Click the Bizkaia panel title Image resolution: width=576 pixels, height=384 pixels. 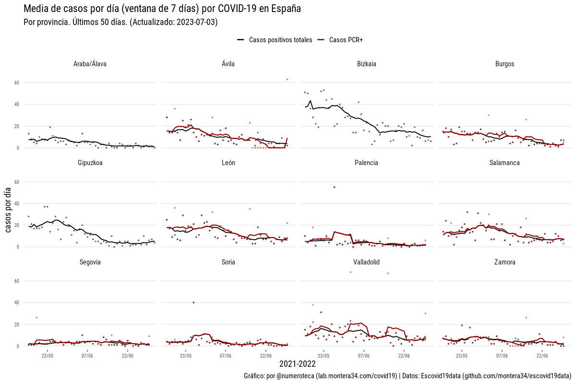(367, 64)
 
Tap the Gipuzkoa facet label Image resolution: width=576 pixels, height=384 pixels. (90, 163)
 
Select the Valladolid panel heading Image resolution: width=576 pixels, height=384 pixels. (367, 262)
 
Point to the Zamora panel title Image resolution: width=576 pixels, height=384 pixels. (505, 262)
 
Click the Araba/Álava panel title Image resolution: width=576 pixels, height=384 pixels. (90, 64)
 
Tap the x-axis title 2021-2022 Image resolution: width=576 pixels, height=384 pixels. (298, 364)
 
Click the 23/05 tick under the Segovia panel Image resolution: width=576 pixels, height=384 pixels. (48, 356)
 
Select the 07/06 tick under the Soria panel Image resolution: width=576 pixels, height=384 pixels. (226, 356)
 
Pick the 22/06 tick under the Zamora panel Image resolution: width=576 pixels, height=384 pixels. (542, 356)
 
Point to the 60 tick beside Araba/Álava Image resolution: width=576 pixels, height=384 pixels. (16, 83)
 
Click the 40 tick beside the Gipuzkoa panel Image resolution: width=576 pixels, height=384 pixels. (16, 204)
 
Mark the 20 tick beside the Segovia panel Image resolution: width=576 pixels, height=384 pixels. (16, 324)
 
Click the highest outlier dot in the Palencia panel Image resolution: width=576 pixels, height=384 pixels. (334, 187)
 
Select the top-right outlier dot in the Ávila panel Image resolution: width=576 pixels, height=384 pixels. (287, 79)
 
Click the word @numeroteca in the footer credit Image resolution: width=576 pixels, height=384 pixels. (294, 376)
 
